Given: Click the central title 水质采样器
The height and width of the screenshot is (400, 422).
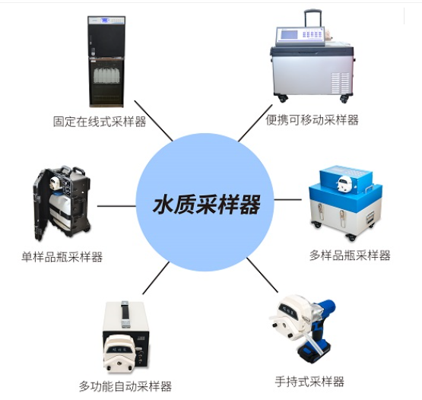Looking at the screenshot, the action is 207,205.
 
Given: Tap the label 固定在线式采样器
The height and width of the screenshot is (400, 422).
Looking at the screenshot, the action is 100,122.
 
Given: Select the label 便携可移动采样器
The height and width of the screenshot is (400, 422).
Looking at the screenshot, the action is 312,120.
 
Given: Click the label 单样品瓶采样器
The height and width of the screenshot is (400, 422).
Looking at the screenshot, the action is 62,257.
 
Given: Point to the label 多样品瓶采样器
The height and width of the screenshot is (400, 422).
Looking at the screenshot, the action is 350,256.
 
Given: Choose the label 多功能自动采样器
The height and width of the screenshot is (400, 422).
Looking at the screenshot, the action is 125,386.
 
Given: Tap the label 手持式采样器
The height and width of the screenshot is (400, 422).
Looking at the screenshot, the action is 309,382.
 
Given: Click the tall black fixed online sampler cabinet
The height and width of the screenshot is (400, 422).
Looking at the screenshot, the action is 106,62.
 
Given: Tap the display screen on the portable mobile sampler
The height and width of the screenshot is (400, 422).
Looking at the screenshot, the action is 290,35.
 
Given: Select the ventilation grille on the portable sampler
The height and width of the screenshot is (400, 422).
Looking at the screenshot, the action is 340,83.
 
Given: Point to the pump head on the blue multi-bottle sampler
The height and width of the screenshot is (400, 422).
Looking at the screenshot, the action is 344,183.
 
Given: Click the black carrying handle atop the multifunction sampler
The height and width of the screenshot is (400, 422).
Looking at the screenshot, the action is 125,314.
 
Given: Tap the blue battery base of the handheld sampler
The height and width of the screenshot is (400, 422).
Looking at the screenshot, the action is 314,351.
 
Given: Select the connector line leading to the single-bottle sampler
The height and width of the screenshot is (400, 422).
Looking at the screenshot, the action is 116,206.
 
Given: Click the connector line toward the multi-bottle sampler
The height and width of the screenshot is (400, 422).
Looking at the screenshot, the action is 287,200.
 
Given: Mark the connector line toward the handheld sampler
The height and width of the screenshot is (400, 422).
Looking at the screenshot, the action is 262,275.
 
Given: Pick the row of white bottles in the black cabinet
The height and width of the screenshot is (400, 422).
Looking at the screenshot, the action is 106,75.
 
